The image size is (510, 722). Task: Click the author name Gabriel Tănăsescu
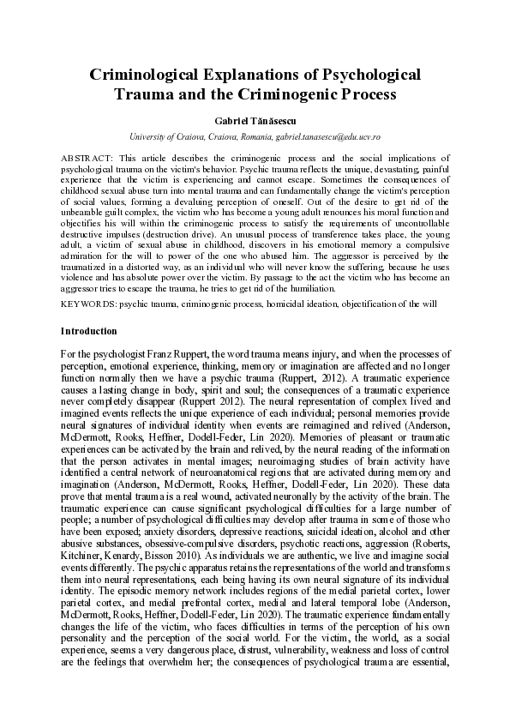coord(255,121)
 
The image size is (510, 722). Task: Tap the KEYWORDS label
coord(88,304)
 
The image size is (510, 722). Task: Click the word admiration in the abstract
coord(85,256)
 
